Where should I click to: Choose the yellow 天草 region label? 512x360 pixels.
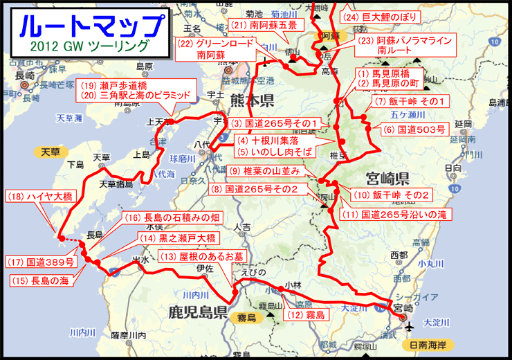coord(53,150)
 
